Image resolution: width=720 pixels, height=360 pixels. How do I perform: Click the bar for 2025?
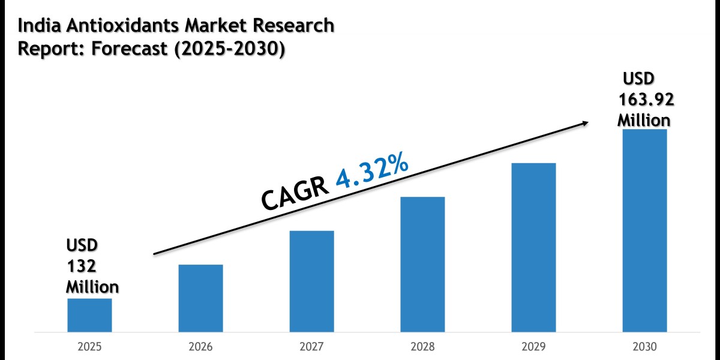pos(89,315)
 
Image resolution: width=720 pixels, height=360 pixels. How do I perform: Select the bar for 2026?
pos(200,298)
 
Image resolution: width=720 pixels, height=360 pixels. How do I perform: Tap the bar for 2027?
pos(311,281)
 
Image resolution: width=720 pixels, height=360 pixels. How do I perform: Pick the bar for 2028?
pos(422,264)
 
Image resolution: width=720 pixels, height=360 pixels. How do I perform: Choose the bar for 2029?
pos(533,247)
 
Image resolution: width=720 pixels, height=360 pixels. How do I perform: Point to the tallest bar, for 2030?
pos(644,230)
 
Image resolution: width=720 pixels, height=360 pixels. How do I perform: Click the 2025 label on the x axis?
pos(89,347)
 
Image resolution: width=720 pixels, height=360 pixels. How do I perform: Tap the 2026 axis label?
pos(200,347)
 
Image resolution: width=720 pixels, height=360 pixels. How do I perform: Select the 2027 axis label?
pos(311,347)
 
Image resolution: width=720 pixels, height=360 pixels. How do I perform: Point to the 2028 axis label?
pos(422,347)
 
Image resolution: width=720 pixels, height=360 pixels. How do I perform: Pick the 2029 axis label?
pos(533,347)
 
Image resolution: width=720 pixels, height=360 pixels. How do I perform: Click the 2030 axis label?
pos(644,347)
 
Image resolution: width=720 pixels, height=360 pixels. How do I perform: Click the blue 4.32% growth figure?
pos(373,172)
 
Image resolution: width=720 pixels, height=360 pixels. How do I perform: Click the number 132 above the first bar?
pos(82,266)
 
